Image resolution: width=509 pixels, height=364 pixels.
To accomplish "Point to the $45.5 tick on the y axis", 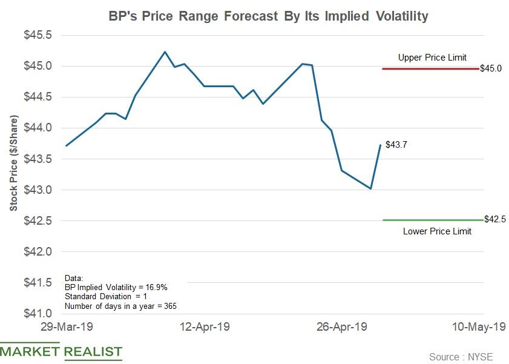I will tap(37, 35).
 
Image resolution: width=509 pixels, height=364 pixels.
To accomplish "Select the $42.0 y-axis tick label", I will tap(37, 251).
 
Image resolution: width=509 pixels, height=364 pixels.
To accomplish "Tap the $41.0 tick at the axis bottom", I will tap(37, 314).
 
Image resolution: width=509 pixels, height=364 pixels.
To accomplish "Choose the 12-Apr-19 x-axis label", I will tap(205, 326).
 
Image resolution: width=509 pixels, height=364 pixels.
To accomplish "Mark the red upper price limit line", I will tap(430, 69).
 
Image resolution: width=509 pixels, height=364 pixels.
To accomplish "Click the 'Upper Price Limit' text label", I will tap(432, 58).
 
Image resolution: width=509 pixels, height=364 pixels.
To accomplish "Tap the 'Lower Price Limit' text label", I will tap(437, 231).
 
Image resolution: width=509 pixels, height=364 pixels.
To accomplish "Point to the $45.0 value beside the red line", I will tap(491, 69).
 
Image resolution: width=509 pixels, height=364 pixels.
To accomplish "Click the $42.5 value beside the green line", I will tap(495, 219).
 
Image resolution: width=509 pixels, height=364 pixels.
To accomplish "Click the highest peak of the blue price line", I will tap(165, 51).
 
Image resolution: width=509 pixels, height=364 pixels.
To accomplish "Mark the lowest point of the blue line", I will tap(370, 188).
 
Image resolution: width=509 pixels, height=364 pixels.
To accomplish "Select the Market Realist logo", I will tap(61, 351).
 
